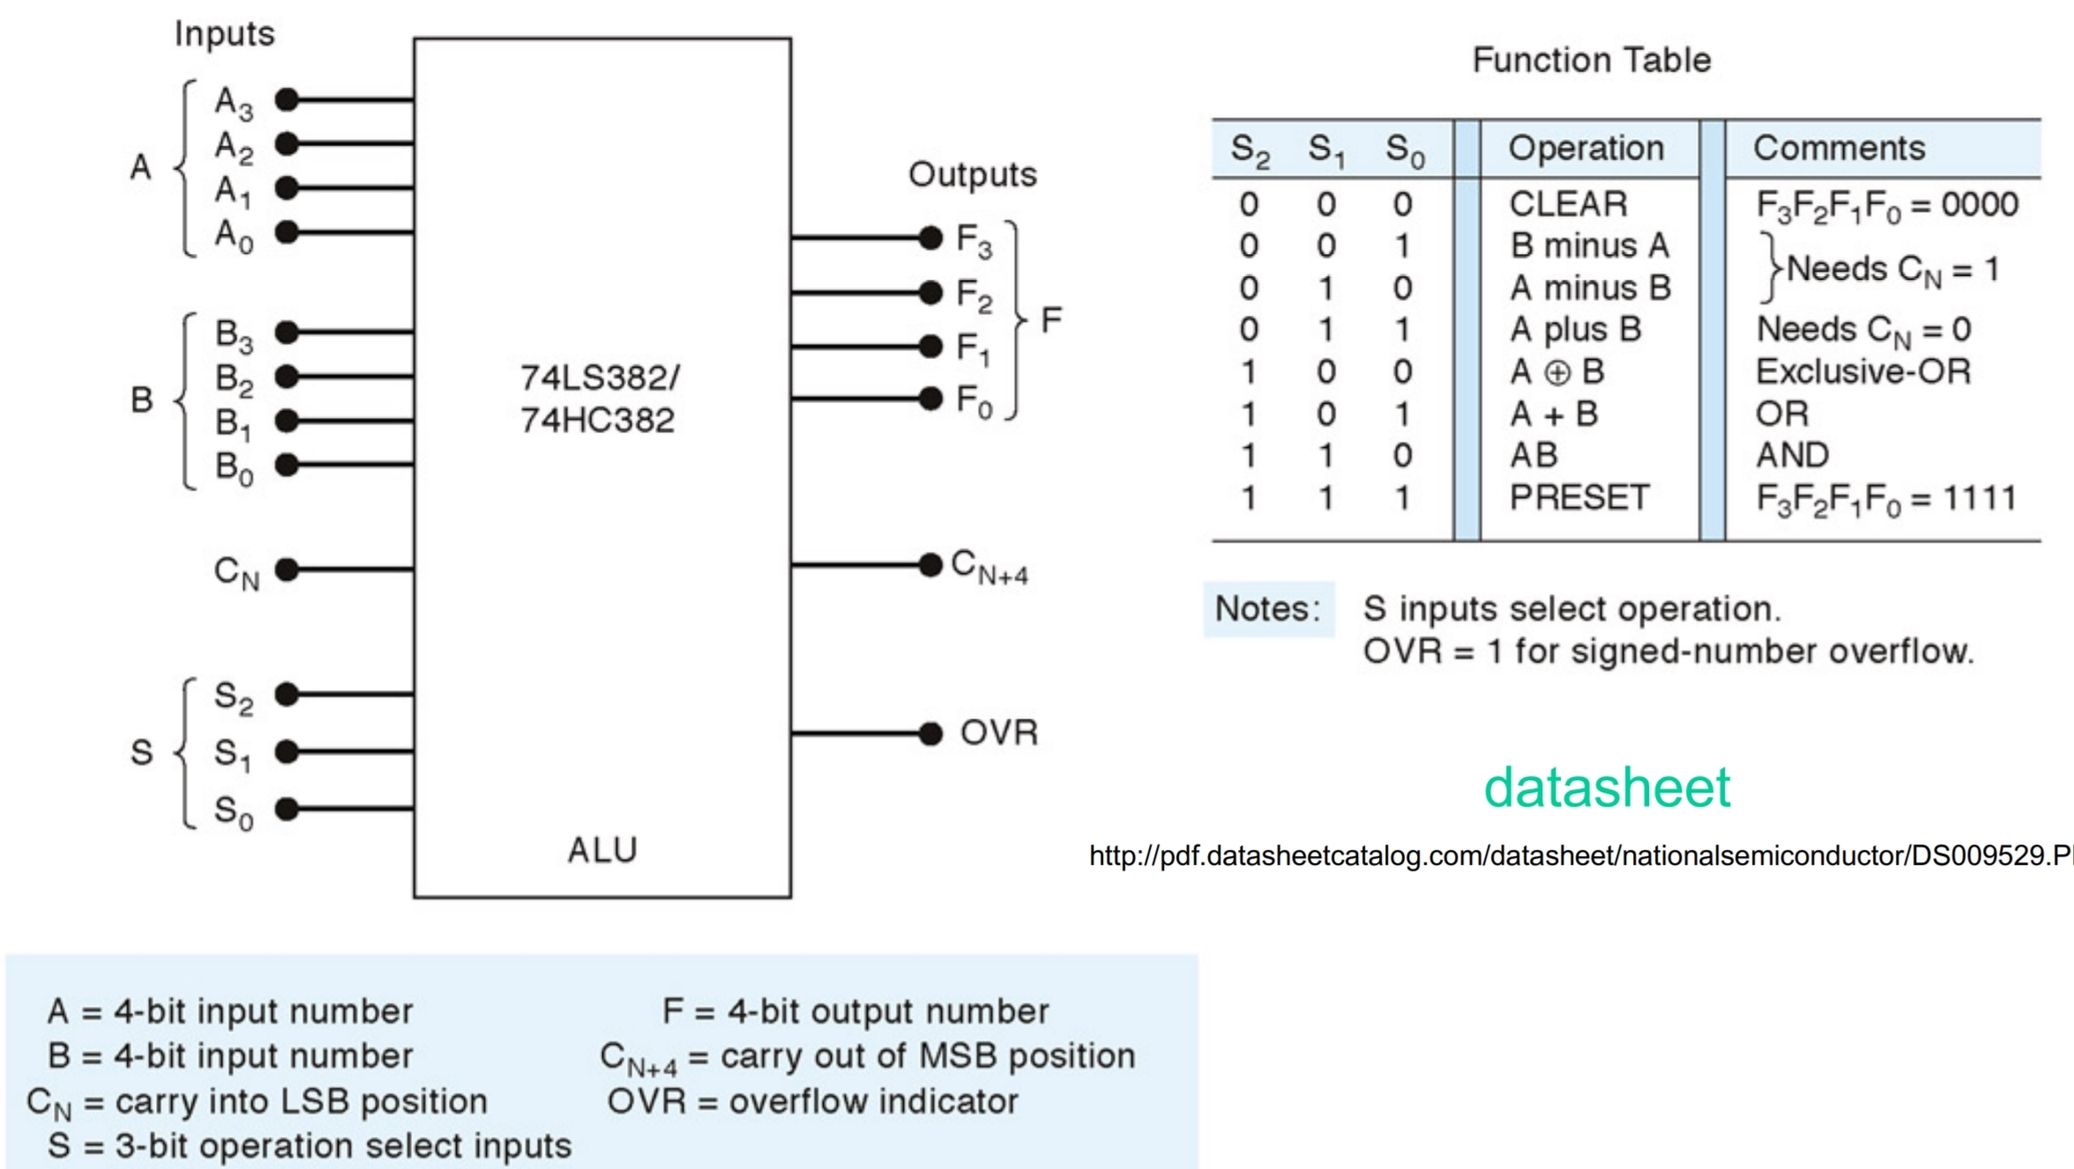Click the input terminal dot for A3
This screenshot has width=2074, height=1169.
pyautogui.click(x=287, y=100)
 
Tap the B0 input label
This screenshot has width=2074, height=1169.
pyautogui.click(x=234, y=467)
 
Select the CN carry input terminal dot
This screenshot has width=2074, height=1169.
pyautogui.click(x=287, y=570)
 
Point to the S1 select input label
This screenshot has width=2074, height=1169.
pyautogui.click(x=233, y=754)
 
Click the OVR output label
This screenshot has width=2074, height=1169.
pyautogui.click(x=998, y=733)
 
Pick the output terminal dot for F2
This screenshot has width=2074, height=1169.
pyautogui.click(x=930, y=292)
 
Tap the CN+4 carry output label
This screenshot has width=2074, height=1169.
pyautogui.click(x=989, y=567)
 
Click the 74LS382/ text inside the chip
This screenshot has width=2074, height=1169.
pyautogui.click(x=600, y=378)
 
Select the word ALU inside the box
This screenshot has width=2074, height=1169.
pyautogui.click(x=602, y=850)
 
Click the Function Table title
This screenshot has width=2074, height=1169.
pyautogui.click(x=1592, y=60)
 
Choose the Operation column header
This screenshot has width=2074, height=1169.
pyautogui.click(x=1586, y=148)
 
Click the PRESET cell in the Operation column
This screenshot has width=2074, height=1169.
pyautogui.click(x=1578, y=498)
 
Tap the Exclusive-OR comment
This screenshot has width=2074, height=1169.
pyautogui.click(x=1862, y=371)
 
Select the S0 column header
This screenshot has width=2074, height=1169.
pyautogui.click(x=1404, y=150)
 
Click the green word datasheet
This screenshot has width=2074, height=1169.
pyautogui.click(x=1607, y=787)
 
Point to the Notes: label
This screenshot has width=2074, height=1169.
pyautogui.click(x=1267, y=608)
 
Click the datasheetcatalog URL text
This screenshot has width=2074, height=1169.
pyautogui.click(x=1578, y=855)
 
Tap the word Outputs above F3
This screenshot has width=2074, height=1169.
pyautogui.click(x=972, y=175)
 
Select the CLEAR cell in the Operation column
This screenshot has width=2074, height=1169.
pyautogui.click(x=1568, y=205)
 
